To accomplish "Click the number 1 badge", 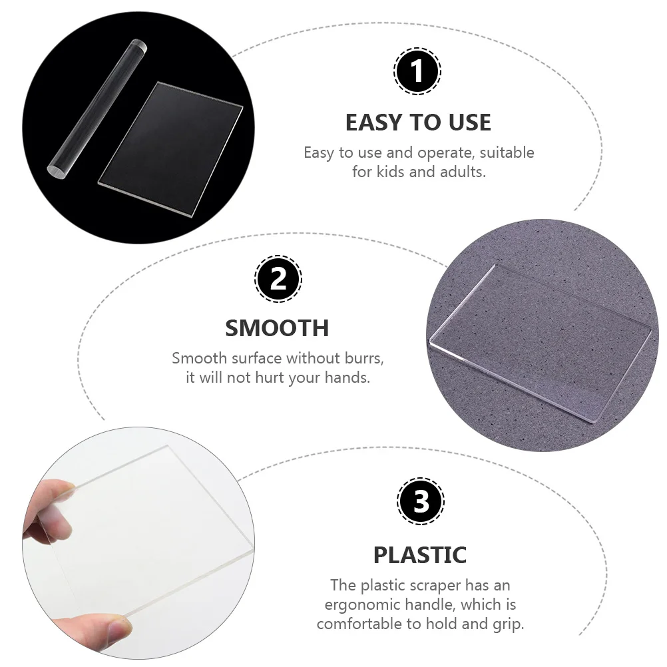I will pos(417,71).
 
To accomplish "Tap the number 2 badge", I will pos(278,278).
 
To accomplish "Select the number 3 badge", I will pos(420,501).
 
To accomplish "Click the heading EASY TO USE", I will pos(418,122).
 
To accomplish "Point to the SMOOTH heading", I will pos(277,328).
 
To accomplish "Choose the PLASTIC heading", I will pos(419,555).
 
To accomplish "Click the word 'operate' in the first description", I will pos(443,152).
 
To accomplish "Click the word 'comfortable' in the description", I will pos(363,624).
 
